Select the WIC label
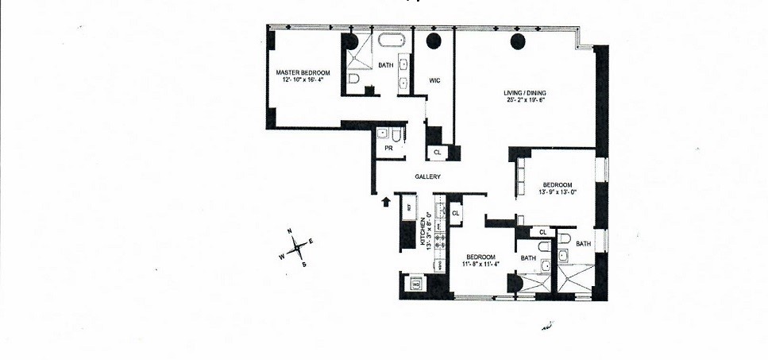point(434,79)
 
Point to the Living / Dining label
point(525,92)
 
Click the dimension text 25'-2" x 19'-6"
point(525,101)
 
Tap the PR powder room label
point(389,148)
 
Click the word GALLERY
point(427,176)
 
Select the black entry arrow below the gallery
point(387,202)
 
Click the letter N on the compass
point(291,232)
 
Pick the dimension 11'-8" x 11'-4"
point(480,265)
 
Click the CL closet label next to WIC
point(437,152)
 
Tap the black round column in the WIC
point(434,41)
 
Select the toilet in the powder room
point(384,134)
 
